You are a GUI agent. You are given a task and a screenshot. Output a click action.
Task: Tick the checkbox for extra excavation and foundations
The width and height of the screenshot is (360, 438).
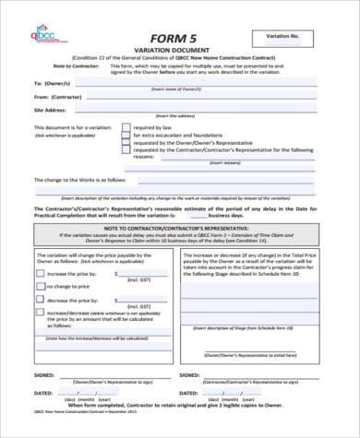(x=126, y=160)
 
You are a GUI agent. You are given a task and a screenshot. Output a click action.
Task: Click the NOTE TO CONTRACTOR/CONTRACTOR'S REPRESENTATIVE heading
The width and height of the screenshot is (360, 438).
(x=181, y=254)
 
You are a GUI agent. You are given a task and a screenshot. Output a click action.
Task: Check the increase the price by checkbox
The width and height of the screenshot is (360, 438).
(x=39, y=300)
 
